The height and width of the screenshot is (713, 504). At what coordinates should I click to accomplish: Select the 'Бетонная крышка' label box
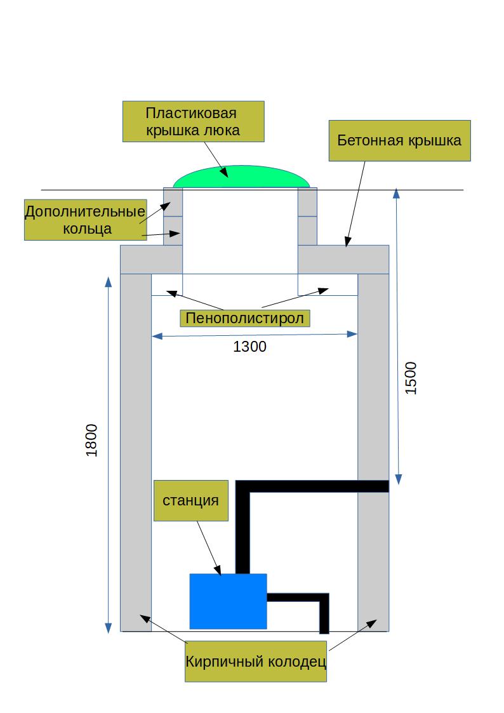coord(399,140)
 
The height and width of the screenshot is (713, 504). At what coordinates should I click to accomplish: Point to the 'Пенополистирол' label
coord(245,317)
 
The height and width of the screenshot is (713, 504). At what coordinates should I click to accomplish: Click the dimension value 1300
coord(250,347)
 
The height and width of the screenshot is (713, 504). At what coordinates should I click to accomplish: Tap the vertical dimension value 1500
coord(411,378)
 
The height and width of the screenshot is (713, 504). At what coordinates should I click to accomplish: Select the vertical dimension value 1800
coord(92,439)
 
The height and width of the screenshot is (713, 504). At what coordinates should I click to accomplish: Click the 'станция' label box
coord(190,500)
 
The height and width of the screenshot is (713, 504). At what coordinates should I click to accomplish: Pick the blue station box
coord(228,601)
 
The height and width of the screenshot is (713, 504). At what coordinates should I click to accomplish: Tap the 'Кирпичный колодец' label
coord(255,662)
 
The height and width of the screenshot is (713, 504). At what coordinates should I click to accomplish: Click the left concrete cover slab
coord(150,259)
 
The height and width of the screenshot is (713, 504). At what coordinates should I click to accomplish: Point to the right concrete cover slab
coord(343,259)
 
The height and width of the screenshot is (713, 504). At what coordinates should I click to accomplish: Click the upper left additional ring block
coord(173,202)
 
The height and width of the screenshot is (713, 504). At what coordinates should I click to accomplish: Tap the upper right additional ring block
coord(307,202)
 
